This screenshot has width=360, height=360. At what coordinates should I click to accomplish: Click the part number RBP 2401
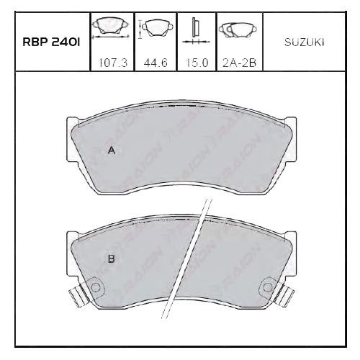pyautogui.click(x=51, y=42)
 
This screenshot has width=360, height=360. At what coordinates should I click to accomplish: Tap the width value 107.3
pyautogui.click(x=113, y=63)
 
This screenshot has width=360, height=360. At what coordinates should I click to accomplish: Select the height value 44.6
pyautogui.click(x=156, y=63)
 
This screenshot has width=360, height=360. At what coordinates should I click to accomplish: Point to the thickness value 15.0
pyautogui.click(x=197, y=63)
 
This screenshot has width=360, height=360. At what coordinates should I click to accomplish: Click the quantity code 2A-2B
pyautogui.click(x=240, y=63)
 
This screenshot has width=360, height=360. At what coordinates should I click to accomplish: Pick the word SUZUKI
pyautogui.click(x=305, y=42)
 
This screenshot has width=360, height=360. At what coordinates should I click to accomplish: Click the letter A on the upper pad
pyautogui.click(x=112, y=150)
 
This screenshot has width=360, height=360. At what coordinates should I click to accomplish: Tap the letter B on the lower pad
pyautogui.click(x=112, y=259)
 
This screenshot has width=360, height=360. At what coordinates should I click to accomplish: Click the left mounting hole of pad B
pyautogui.click(x=95, y=287)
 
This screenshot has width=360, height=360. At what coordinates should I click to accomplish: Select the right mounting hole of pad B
pyautogui.click(x=267, y=287)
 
